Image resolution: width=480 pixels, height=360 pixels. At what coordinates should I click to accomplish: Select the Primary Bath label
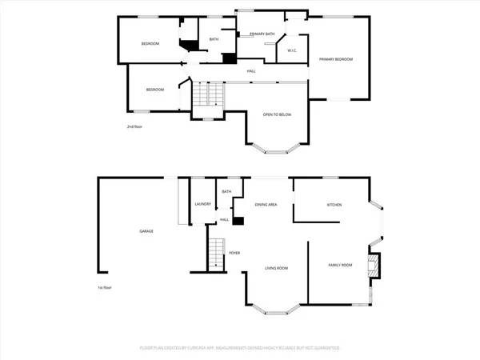click(262, 34)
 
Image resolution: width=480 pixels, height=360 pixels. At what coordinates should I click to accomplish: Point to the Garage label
click(146, 231)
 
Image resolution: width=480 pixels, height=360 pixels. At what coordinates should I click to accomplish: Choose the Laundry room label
click(202, 204)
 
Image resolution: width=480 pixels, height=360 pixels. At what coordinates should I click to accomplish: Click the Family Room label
click(341, 265)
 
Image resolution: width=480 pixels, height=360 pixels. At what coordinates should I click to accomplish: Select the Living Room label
click(277, 268)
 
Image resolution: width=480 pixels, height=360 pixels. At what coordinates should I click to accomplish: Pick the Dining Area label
click(266, 206)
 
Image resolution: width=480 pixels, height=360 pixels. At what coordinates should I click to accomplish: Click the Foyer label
click(234, 253)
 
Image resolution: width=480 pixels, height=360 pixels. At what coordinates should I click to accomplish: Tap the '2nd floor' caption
click(134, 127)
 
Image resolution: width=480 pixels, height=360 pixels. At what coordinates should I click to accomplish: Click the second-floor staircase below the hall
click(207, 94)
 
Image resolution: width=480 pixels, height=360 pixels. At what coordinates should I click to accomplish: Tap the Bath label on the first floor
click(226, 192)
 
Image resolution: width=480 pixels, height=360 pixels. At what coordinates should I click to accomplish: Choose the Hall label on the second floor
click(251, 72)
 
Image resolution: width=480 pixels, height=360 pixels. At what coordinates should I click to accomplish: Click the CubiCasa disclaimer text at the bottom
click(240, 349)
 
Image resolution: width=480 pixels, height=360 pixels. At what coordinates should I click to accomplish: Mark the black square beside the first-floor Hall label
click(238, 219)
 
